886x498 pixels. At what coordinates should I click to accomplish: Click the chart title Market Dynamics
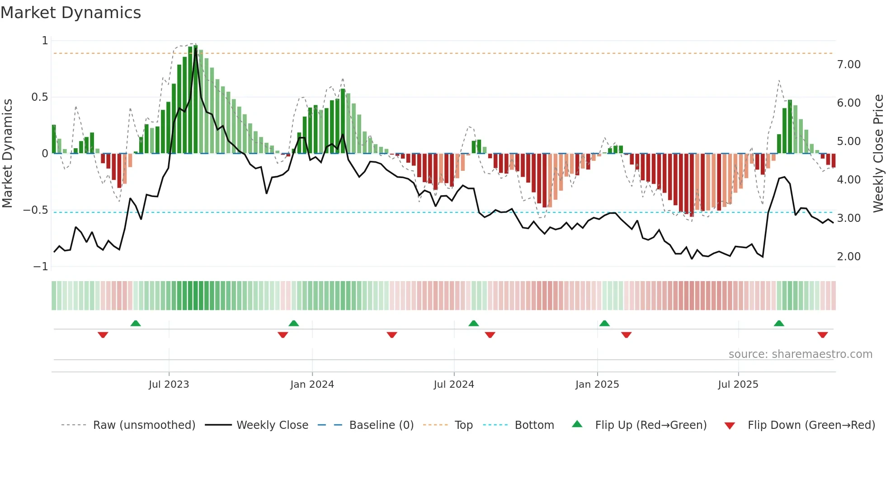point(71,13)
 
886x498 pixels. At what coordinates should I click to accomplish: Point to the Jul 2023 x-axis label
point(169,385)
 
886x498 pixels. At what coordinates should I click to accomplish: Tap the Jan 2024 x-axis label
point(312,385)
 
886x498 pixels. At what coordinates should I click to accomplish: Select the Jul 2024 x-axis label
point(454,385)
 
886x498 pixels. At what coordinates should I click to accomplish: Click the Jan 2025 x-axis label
point(597,385)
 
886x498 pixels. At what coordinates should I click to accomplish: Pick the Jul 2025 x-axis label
point(738,385)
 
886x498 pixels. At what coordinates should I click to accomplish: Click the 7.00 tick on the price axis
point(848,65)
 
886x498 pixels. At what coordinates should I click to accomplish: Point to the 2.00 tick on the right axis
point(848,257)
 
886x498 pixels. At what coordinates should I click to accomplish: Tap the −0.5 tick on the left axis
point(36,210)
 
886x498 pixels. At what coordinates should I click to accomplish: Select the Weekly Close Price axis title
point(878,154)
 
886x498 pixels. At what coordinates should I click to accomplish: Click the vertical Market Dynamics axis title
point(7,154)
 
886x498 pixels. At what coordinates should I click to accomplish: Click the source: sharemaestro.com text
point(800,354)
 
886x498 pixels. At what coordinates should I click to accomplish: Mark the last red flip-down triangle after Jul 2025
point(822,335)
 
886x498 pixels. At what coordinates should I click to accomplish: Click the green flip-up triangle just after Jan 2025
point(604,323)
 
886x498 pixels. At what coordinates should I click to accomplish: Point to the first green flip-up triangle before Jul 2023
point(136,323)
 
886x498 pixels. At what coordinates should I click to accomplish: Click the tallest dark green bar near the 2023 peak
point(195,99)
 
